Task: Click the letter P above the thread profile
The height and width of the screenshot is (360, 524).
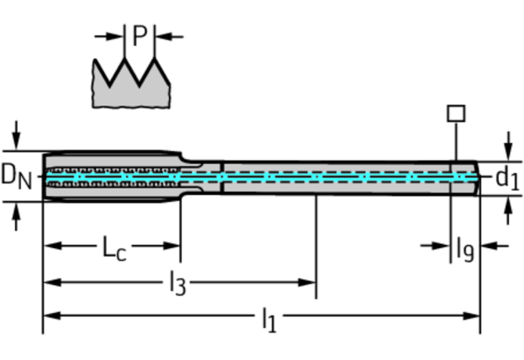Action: click(139, 36)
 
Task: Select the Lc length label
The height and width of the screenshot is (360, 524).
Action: click(114, 248)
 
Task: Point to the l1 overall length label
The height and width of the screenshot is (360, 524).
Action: click(268, 319)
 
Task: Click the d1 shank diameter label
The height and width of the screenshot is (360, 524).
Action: click(507, 178)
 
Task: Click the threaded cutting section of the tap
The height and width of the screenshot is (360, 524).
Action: click(109, 177)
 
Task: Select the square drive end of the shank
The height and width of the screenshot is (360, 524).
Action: click(466, 178)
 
